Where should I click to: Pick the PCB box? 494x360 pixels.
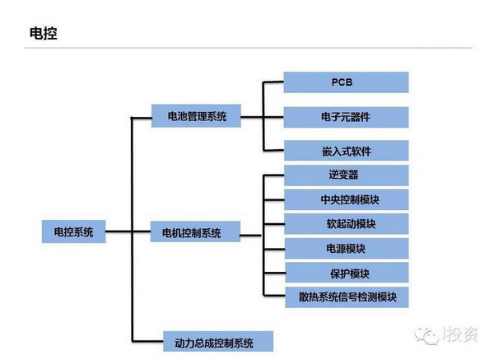click(x=346, y=82)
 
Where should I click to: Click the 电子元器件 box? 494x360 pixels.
click(x=346, y=116)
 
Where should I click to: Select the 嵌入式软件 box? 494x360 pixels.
click(x=346, y=151)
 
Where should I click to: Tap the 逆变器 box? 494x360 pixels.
click(x=346, y=175)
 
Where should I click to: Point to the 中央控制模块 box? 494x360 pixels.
click(x=346, y=199)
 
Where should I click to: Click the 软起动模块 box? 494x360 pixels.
click(x=346, y=223)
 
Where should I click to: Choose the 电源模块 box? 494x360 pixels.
click(x=346, y=248)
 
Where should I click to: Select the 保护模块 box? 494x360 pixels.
click(x=346, y=272)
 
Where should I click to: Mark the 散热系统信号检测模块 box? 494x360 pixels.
click(x=346, y=296)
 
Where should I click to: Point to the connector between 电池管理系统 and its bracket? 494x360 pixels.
click(x=252, y=116)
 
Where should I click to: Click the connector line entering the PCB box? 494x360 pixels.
click(x=273, y=82)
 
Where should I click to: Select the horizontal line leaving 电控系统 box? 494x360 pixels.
click(x=118, y=232)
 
